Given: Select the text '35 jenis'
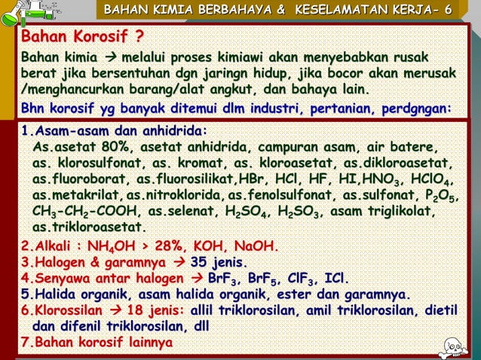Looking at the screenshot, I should (217, 262).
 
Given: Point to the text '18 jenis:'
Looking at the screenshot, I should (154, 311).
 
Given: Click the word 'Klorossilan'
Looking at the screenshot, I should (66, 311).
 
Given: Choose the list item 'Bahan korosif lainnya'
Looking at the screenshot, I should (100, 343).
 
